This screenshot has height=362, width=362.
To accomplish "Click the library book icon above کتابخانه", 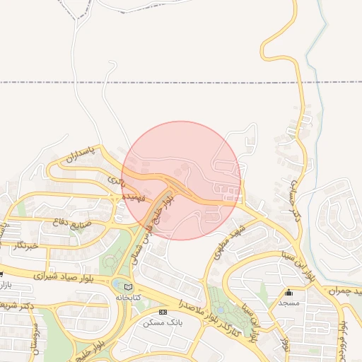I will (128, 286).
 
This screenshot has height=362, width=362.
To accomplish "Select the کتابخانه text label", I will (128, 297).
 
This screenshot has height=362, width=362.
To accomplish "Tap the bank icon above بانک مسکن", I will (163, 312).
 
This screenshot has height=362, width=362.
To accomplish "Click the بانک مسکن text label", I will (158, 322).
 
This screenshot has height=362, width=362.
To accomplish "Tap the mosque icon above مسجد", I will (288, 292).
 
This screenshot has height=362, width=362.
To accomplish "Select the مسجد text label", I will (288, 303).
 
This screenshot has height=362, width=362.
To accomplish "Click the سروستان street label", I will (35, 338).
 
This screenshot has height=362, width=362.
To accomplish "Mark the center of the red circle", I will (181, 180).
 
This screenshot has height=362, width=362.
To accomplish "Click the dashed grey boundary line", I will (212, 83).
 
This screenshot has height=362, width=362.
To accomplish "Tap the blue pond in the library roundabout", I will (117, 284).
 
